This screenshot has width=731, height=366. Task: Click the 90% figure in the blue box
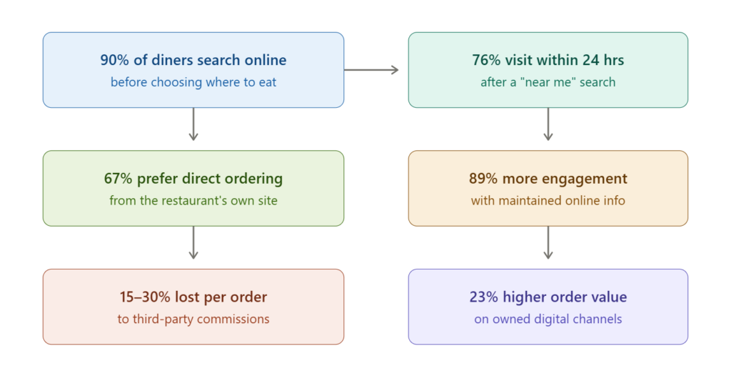tap(114, 60)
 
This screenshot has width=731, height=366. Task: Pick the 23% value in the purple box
tap(484, 297)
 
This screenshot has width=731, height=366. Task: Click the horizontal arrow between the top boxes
tap(371, 70)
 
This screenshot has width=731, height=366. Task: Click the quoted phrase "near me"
tap(548, 82)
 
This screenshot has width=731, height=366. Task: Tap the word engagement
tap(583, 179)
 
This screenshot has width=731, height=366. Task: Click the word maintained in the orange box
tap(529, 201)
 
